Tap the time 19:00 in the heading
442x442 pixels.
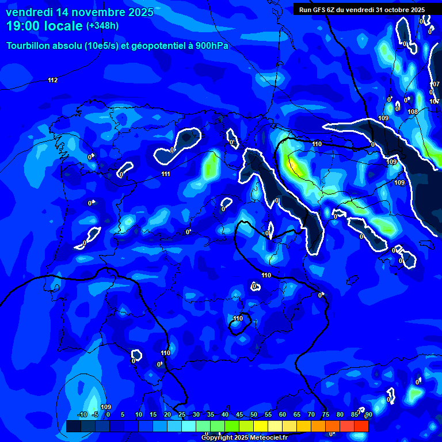click(24, 26)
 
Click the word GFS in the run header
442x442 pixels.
click(318, 9)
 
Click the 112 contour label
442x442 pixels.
click(53, 80)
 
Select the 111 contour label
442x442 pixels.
click(166, 174)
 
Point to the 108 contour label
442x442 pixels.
click(412, 112)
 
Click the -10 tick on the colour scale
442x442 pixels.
click(82, 414)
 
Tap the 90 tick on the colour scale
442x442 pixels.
click(368, 414)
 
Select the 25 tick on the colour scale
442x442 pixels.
click(182, 414)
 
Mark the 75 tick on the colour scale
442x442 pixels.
click(326, 414)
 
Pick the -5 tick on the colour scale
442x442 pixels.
click(95, 414)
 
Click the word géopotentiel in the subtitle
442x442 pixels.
click(158, 46)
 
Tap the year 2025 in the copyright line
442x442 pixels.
click(241, 438)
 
